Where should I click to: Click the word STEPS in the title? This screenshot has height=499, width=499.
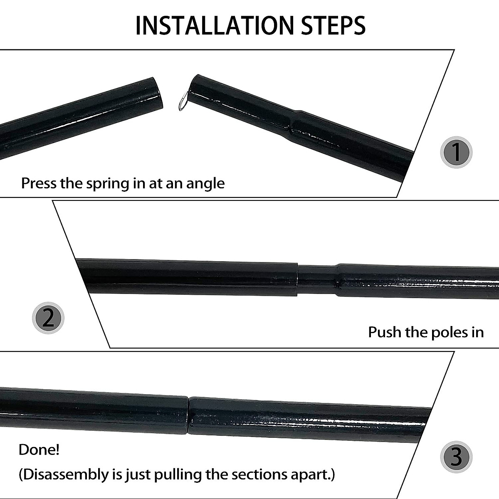(333, 25)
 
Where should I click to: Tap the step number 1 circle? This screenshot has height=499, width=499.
(456, 152)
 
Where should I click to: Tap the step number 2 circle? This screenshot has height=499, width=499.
(48, 318)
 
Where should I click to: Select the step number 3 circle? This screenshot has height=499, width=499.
(456, 457)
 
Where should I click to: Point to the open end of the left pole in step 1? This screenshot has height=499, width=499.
(154, 92)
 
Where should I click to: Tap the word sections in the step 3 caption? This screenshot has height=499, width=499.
(260, 474)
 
